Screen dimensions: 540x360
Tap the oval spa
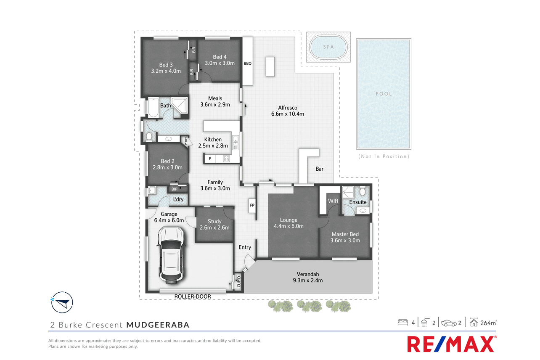pyautogui.click(x=328, y=47)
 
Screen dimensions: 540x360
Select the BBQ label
pyautogui.click(x=248, y=64)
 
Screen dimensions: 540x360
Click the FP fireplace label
pyautogui.click(x=252, y=205)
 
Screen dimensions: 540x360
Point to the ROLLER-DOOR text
pyautogui.click(x=193, y=296)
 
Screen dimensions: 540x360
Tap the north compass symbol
pyautogui.click(x=62, y=302)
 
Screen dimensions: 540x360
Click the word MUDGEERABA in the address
pyautogui.click(x=158, y=325)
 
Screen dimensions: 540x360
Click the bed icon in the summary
pyautogui.click(x=403, y=323)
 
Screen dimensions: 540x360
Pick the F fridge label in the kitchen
pyautogui.click(x=210, y=159)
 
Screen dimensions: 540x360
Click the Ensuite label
pyautogui.click(x=358, y=202)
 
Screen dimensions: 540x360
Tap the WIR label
pyautogui.click(x=333, y=201)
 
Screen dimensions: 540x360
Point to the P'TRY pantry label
pyautogui.click(x=186, y=141)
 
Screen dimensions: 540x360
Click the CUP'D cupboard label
pyautogui.click(x=238, y=282)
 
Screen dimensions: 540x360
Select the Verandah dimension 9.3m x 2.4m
pyautogui.click(x=308, y=281)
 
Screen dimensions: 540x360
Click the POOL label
pyautogui.click(x=384, y=94)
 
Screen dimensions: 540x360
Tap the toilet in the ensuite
pyautogui.click(x=363, y=191)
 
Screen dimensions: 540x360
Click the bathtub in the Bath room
pyautogui.click(x=153, y=108)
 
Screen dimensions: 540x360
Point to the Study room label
pyautogui.click(x=214, y=221)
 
